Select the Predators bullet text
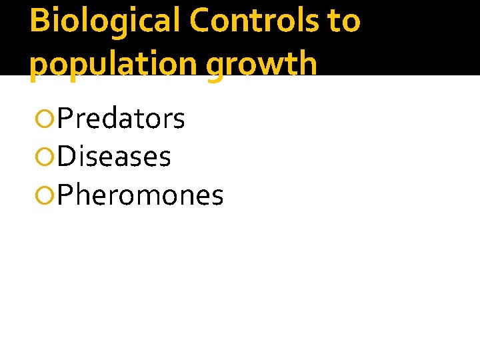[121, 119]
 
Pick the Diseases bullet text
[114, 157]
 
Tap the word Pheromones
[140, 195]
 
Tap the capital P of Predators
[65, 119]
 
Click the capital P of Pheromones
[65, 195]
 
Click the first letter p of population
[39, 67]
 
